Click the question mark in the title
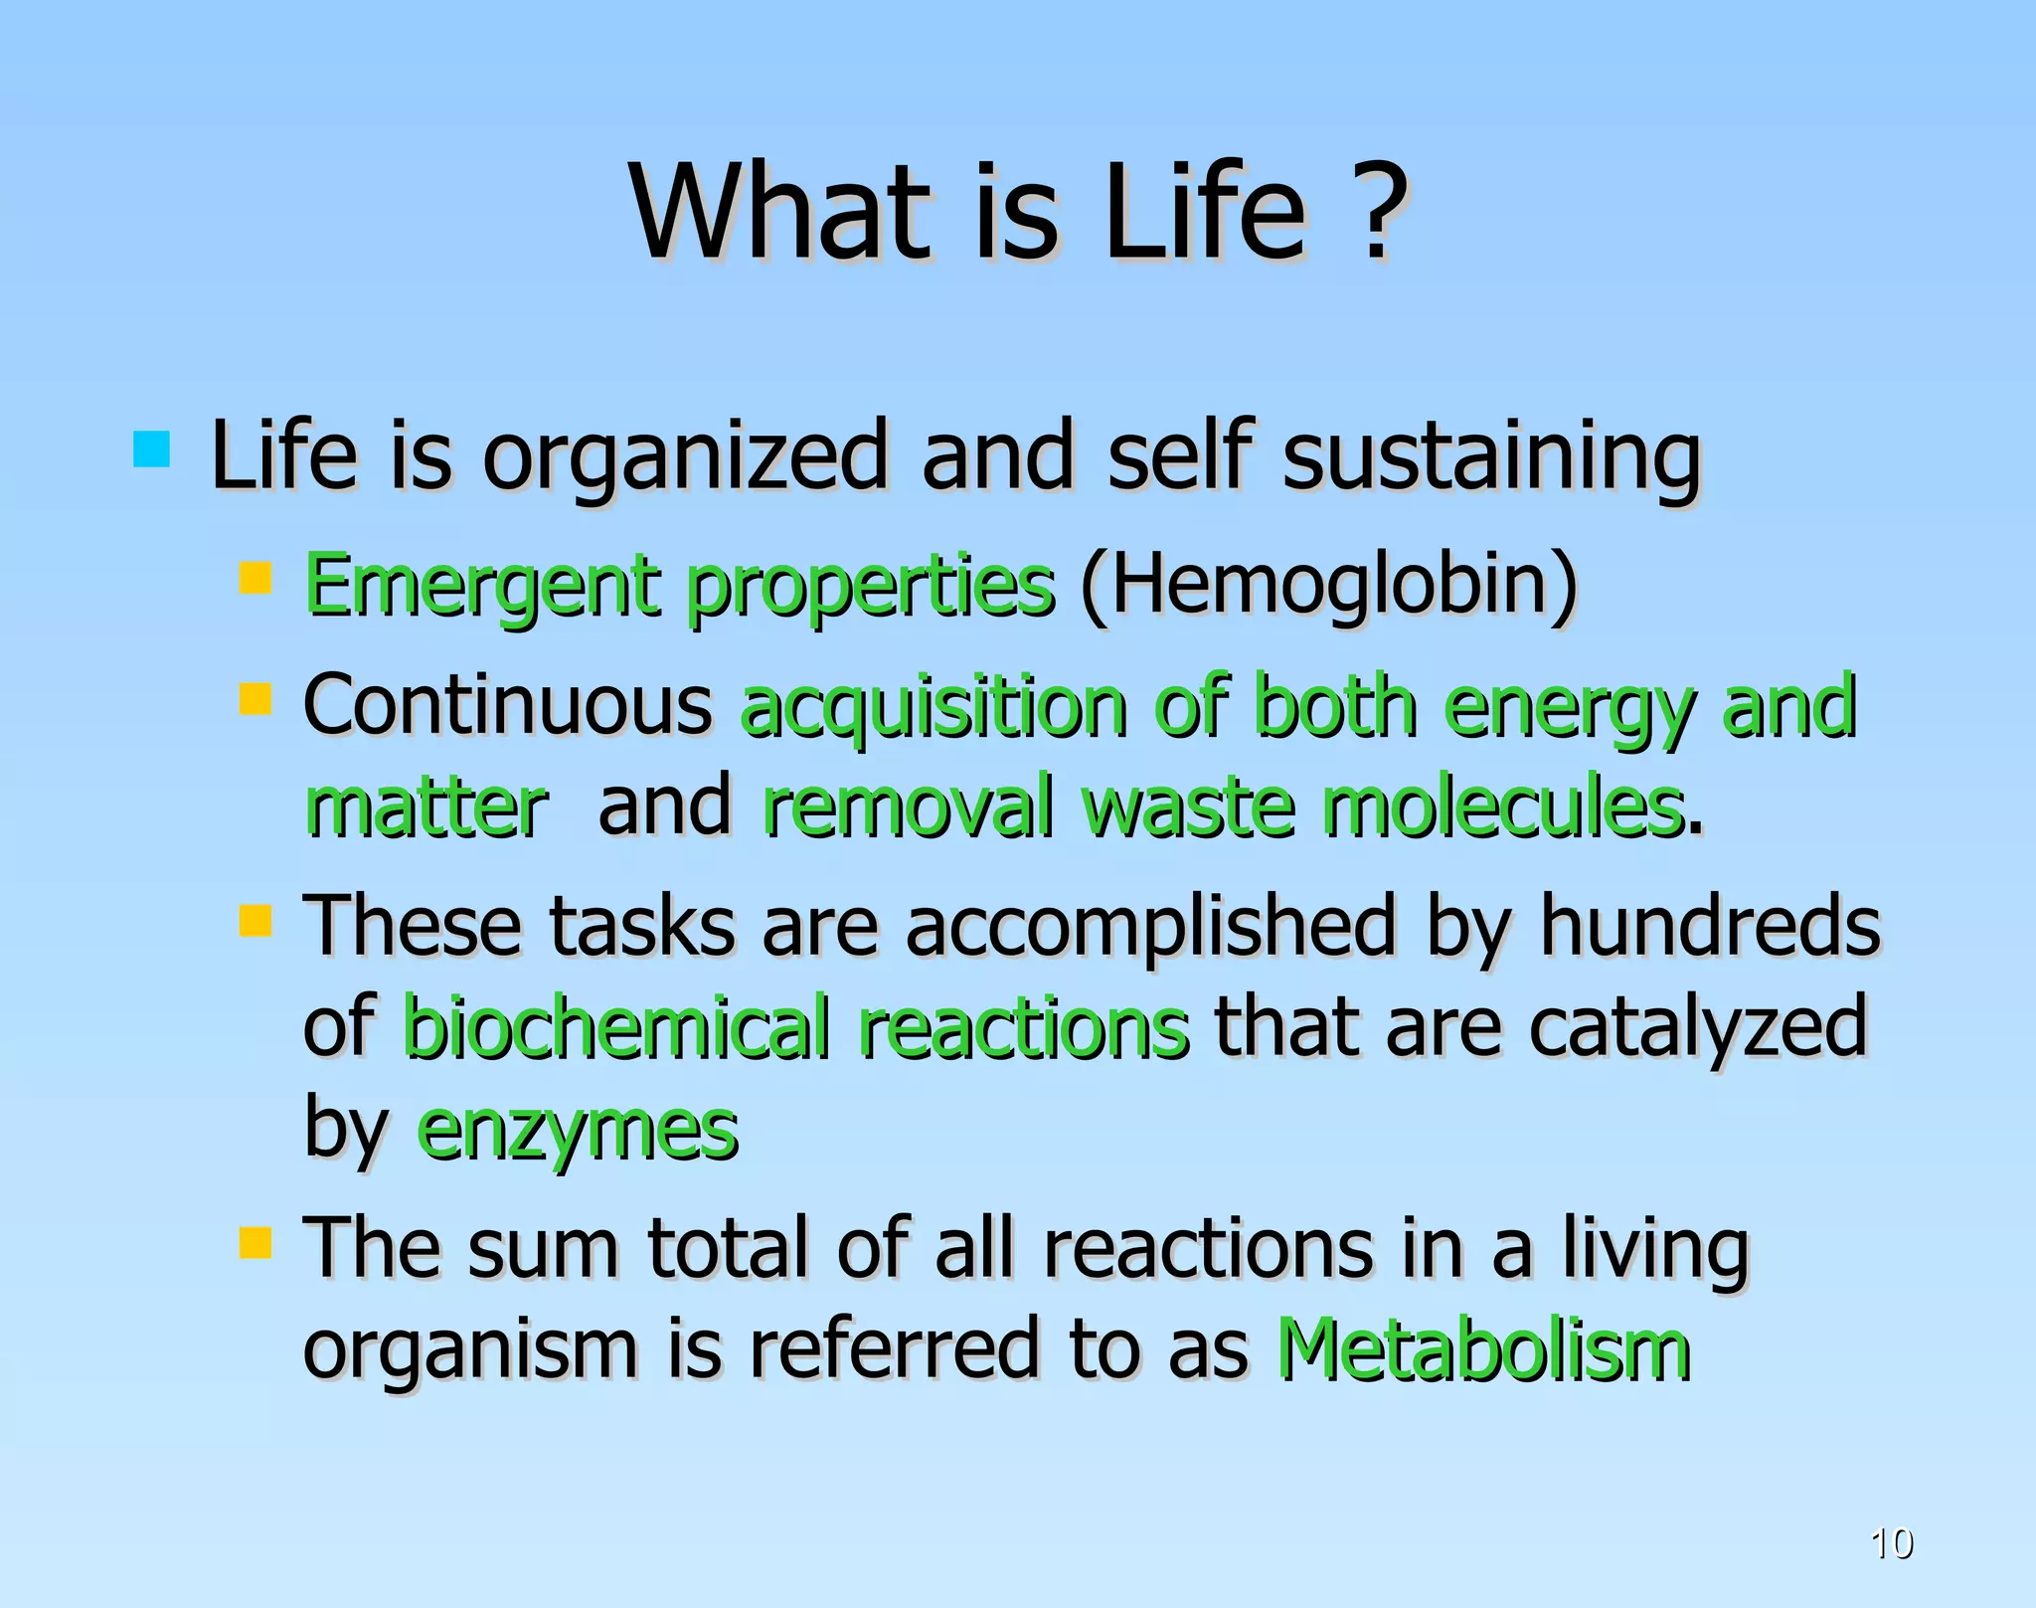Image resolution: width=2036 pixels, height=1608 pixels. click(1376, 211)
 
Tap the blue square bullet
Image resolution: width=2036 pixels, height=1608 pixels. click(151, 449)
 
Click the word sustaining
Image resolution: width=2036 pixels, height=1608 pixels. click(1491, 457)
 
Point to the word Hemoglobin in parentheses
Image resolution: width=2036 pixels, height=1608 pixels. click(1328, 585)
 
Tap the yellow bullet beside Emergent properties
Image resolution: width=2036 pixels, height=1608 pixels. click(255, 578)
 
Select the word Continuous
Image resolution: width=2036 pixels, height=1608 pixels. click(507, 704)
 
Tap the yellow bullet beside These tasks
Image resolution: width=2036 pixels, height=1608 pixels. click(255, 920)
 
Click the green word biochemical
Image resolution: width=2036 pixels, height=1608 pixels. click(616, 1026)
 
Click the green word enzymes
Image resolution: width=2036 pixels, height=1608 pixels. click(577, 1132)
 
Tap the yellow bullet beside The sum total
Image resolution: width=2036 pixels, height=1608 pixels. click(255, 1242)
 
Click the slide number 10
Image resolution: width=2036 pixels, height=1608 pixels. click(1891, 1543)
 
